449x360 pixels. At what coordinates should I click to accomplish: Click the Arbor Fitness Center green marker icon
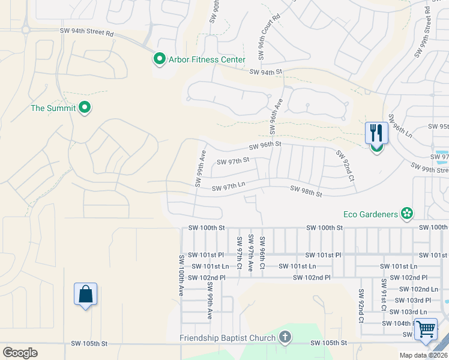coord(159,59)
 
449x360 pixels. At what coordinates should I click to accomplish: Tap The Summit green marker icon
coord(85,108)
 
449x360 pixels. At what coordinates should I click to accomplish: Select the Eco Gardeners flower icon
coord(407,214)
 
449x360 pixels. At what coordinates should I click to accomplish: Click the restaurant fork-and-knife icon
coord(376,133)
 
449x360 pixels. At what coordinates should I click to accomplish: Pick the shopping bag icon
coord(85,294)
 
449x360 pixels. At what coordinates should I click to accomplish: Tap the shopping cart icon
coord(426,329)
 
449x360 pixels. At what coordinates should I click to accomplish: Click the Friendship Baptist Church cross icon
coord(285,337)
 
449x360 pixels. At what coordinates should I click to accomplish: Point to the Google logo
coord(20,353)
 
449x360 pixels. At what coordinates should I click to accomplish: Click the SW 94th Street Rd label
coord(86,32)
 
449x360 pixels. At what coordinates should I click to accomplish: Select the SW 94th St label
coord(266,72)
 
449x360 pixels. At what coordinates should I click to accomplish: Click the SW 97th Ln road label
coord(229,188)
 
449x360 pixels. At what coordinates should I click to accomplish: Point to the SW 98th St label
coord(306,191)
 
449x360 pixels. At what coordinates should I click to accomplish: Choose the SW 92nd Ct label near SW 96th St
coord(345,166)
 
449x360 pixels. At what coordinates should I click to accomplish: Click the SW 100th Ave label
coord(181,275)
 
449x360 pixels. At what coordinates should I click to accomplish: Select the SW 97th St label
coord(232,161)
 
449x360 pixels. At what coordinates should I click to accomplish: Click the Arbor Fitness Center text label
coord(206,59)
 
